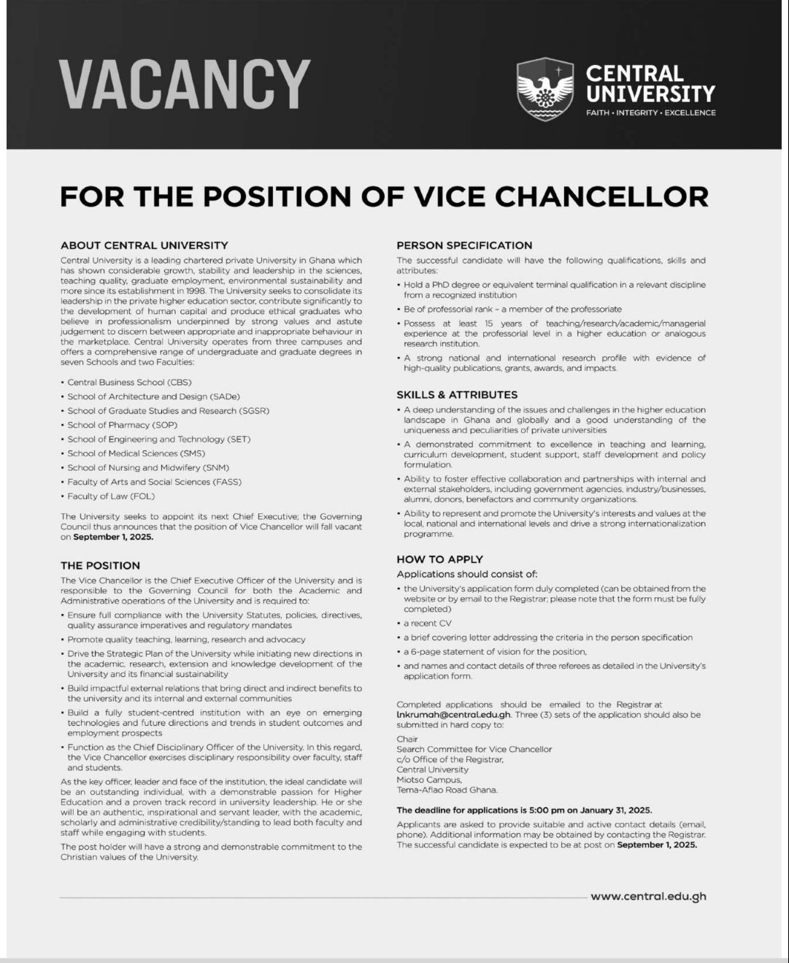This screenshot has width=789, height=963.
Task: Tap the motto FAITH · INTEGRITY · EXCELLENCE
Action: click(x=650, y=112)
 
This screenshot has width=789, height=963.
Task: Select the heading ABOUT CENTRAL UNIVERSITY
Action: click(x=145, y=245)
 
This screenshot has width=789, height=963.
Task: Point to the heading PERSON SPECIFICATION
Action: click(x=464, y=245)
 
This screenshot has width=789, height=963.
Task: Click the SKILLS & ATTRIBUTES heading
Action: click(x=457, y=394)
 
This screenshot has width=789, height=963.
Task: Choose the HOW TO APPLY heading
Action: click(x=440, y=559)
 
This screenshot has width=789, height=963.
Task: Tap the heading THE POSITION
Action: click(x=100, y=565)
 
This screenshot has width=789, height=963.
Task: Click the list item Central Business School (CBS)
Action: click(x=129, y=382)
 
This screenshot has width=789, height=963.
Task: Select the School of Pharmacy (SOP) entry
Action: click(x=123, y=425)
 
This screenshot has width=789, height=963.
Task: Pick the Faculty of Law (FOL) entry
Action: click(x=111, y=496)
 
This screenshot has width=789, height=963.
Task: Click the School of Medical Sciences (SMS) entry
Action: click(x=136, y=453)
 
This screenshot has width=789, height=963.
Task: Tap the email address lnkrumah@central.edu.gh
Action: click(x=453, y=715)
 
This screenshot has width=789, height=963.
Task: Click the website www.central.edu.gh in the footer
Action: click(x=648, y=897)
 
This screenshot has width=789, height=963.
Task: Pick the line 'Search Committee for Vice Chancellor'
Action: click(x=474, y=749)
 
